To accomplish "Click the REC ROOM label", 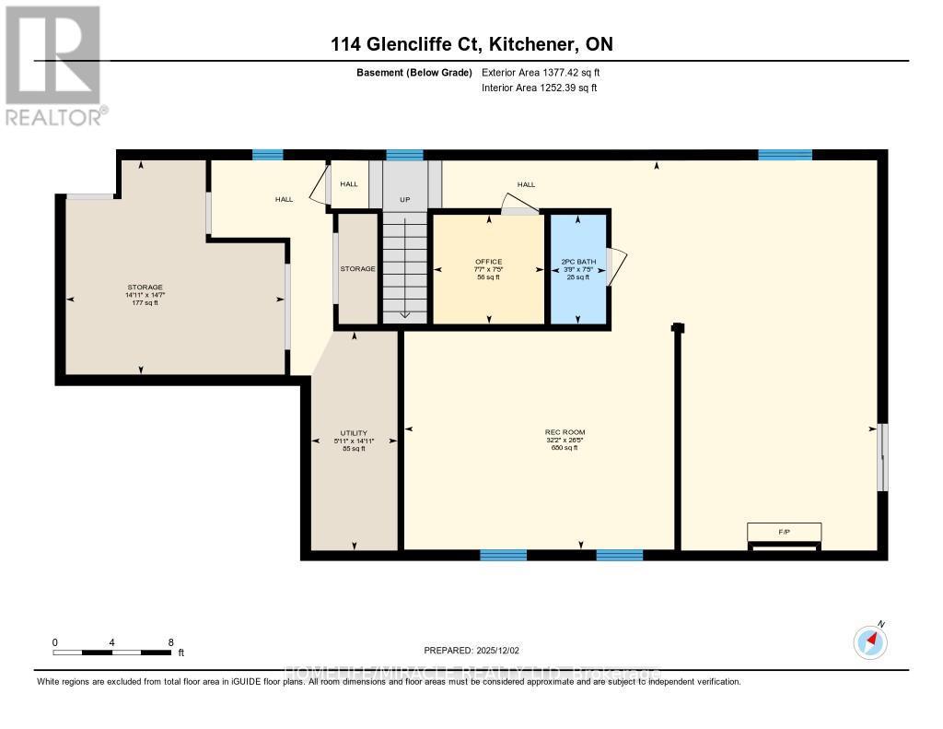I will (564, 432).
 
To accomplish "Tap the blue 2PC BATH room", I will (578, 268).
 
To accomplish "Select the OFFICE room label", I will (488, 262).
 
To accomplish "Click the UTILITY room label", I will (354, 433).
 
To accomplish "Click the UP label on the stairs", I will (405, 199).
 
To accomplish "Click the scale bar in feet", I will (112, 653).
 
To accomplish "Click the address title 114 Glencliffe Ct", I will (471, 44).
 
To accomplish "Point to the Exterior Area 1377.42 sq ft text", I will (541, 72).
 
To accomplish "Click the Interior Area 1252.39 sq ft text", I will (539, 88).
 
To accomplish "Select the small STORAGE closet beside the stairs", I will (356, 268).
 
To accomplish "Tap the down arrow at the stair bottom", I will (405, 313).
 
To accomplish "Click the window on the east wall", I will (882, 456).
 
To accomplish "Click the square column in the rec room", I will (678, 327).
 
